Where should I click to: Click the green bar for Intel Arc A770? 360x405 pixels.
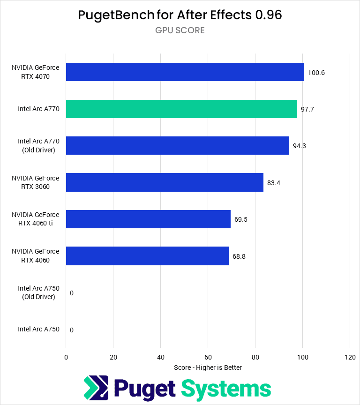[x=181, y=109]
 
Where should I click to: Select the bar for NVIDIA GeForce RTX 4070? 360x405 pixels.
[x=185, y=72]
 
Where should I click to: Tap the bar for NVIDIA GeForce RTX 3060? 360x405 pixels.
[x=165, y=182]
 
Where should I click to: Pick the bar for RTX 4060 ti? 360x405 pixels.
[x=148, y=219]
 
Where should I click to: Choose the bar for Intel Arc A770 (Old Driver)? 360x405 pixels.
[x=177, y=145]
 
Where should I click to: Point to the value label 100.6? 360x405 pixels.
[x=316, y=73]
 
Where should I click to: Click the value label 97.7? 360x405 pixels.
[x=307, y=109]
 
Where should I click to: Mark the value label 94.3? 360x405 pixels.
[x=300, y=146]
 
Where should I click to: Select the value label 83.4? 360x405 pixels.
[x=274, y=183]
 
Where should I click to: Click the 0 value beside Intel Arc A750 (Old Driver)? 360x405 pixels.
[x=72, y=293]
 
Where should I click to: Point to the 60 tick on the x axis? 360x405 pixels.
[x=208, y=357]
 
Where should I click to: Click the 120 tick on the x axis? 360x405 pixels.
[x=349, y=357]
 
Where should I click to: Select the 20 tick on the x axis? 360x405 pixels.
[x=113, y=357]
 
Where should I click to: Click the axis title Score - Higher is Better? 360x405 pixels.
[x=208, y=367]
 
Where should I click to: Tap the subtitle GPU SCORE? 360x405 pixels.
[x=180, y=31]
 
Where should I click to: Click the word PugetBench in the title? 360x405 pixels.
[x=116, y=15]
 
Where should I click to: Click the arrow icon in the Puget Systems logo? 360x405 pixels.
[x=96, y=389]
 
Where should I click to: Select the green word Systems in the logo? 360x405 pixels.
[x=225, y=389]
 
